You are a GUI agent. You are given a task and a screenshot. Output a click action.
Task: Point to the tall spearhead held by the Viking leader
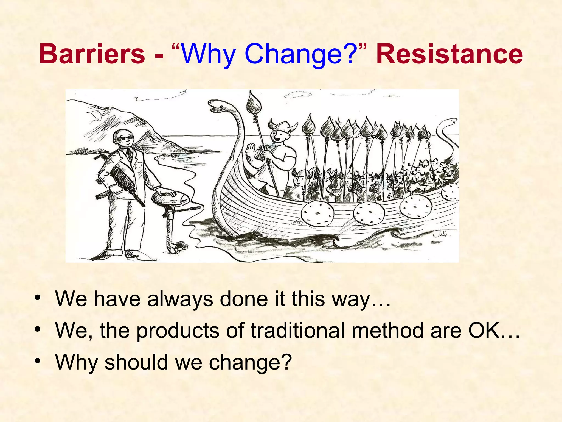pyautogui.click(x=253, y=103)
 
